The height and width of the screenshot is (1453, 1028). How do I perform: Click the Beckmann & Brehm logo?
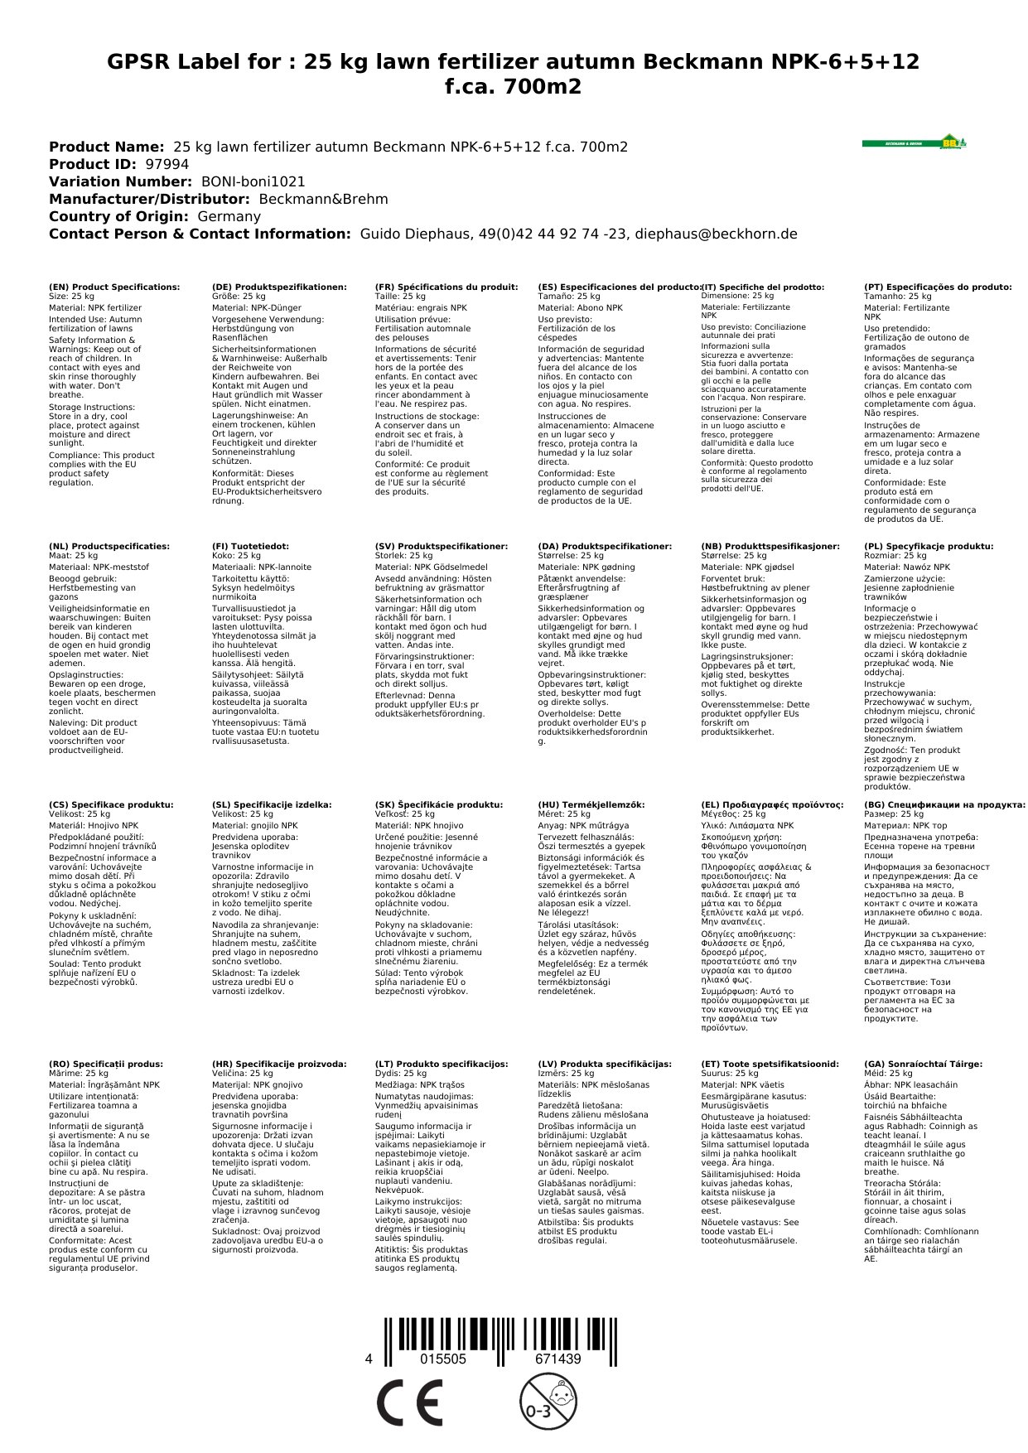(914, 142)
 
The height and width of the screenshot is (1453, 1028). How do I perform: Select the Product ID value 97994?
(167, 164)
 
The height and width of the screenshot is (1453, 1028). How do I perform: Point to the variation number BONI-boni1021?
(253, 181)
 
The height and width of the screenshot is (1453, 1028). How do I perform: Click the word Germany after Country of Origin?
(229, 216)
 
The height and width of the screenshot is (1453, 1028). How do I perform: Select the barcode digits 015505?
(443, 1359)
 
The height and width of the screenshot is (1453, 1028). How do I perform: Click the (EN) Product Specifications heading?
(114, 287)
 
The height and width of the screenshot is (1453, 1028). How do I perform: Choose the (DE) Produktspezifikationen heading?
(279, 287)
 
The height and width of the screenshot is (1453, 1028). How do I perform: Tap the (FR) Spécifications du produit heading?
(446, 287)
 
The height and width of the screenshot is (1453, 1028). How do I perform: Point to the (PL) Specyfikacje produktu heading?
(929, 547)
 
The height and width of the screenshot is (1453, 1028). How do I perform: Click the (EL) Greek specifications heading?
(772, 804)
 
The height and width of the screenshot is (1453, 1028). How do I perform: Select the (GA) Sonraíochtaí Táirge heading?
(923, 1064)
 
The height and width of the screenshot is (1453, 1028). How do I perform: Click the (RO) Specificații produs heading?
(106, 1064)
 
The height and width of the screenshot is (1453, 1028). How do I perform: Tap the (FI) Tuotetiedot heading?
(250, 547)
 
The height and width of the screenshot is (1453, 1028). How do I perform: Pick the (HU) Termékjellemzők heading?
(591, 804)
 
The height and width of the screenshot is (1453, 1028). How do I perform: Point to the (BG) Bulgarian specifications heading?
(944, 804)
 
